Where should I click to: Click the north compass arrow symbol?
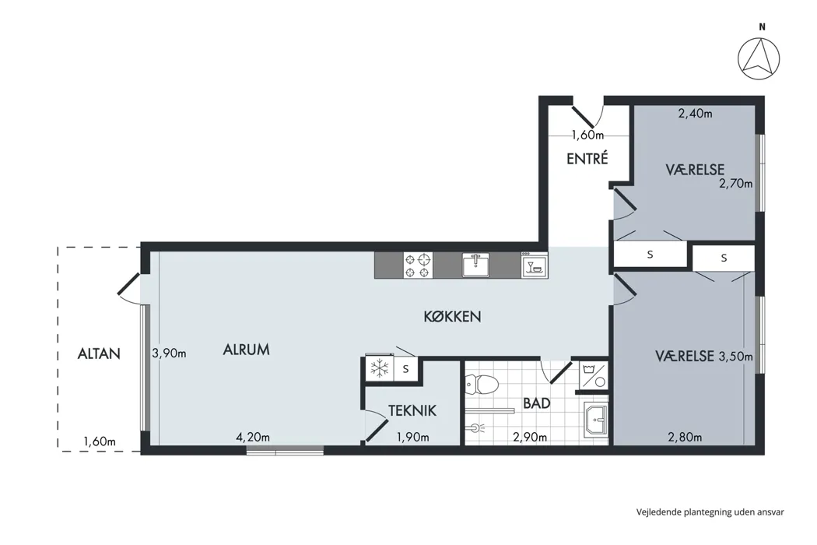759,59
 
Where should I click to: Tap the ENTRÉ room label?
587,159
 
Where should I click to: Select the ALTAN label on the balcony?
99,353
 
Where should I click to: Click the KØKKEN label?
452,317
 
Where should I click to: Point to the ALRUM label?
247,350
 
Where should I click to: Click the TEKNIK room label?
412,411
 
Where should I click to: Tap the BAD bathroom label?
537,403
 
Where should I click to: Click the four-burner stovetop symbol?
419,265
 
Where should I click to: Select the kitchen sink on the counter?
475,265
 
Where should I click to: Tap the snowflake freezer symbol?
380,369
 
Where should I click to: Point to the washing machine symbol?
594,375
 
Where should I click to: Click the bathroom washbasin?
596,418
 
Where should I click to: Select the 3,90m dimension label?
170,353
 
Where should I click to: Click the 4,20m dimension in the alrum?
253,437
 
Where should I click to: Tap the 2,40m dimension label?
695,113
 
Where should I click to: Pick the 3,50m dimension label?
736,357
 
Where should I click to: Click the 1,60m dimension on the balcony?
100,441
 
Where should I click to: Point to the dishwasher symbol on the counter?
535,265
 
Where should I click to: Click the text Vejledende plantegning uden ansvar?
710,512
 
